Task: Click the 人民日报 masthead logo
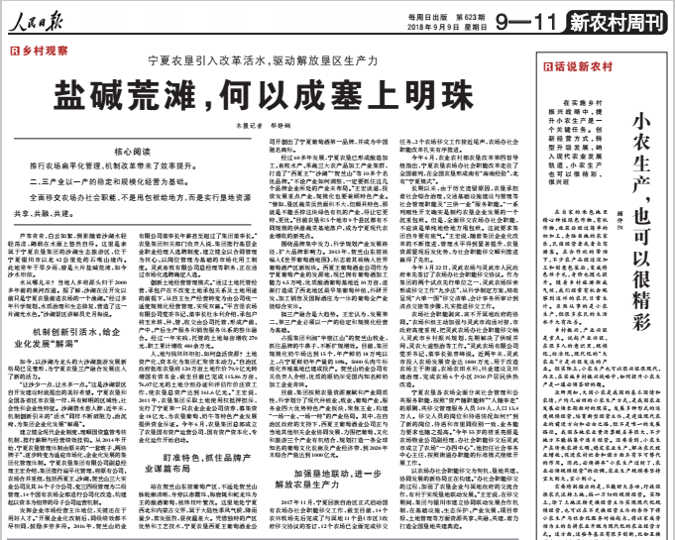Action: click(40, 14)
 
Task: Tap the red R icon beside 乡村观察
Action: click(13, 47)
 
